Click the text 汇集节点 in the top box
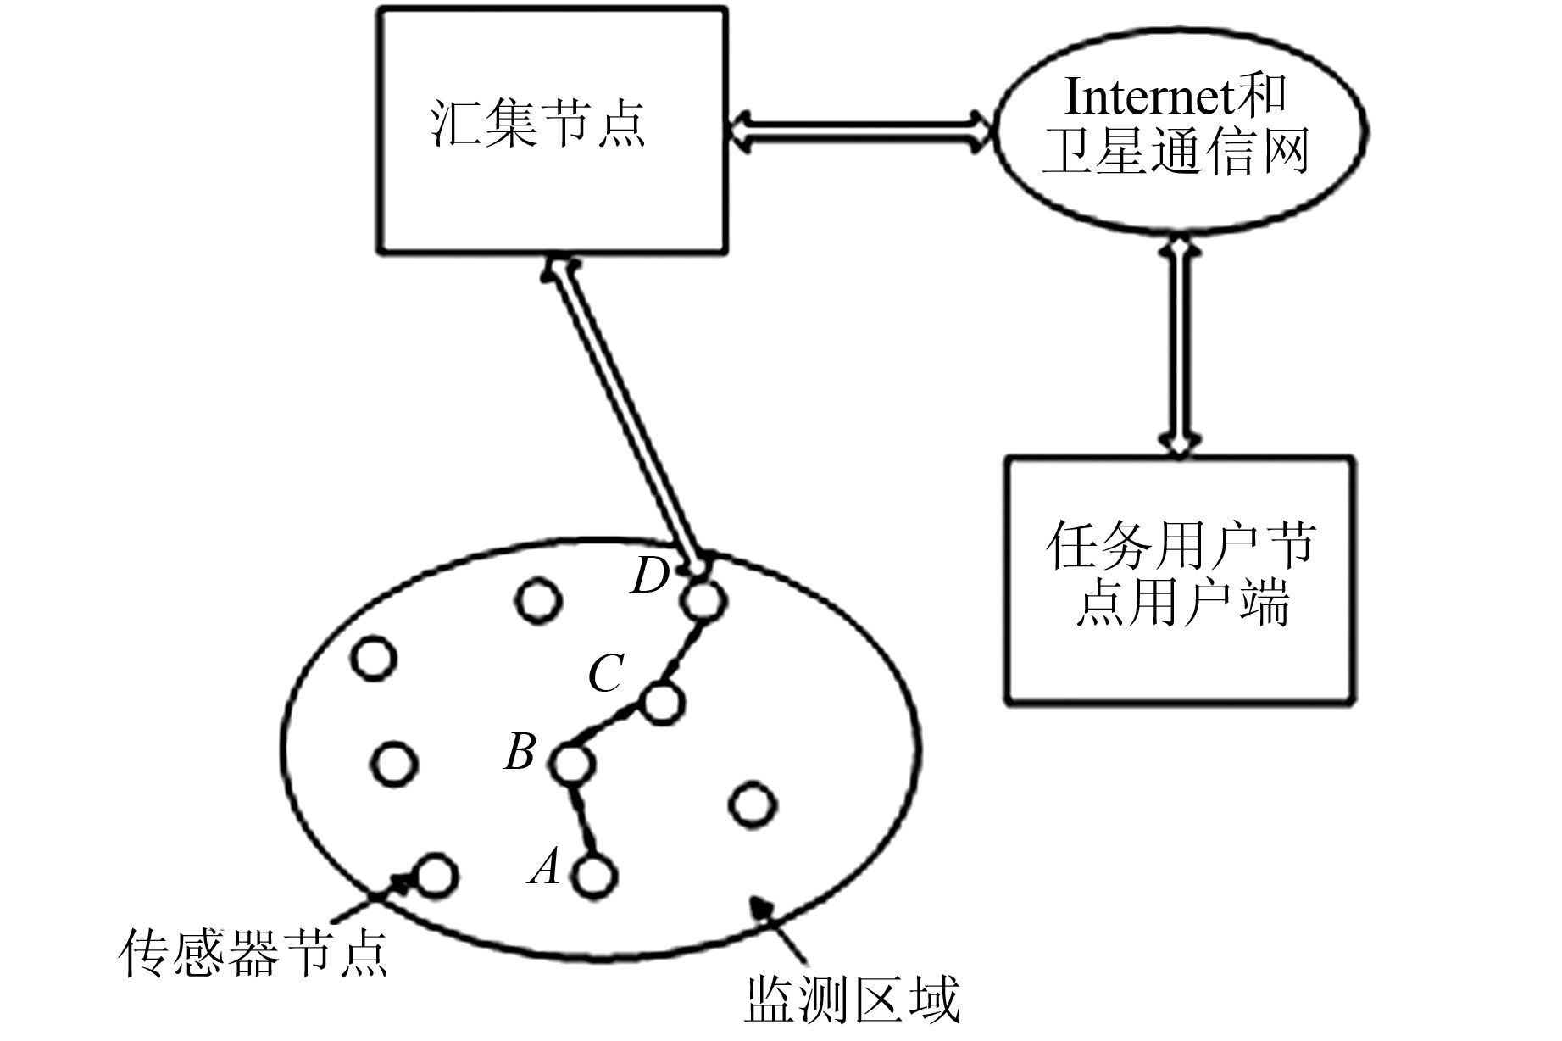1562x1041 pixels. coord(539,125)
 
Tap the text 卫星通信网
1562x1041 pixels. coord(1176,153)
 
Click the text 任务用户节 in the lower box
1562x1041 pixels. coord(1181,545)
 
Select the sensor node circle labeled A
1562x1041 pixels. coord(593,876)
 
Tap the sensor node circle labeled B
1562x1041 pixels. coord(571,763)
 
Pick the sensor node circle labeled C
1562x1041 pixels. coord(662,703)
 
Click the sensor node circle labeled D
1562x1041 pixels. coord(703,600)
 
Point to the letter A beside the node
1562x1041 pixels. coord(545,867)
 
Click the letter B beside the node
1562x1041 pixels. coord(520,751)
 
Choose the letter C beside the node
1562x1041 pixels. coord(607,674)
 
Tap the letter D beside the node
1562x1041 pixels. coord(651,576)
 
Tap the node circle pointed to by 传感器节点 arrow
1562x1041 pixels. coord(437,875)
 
